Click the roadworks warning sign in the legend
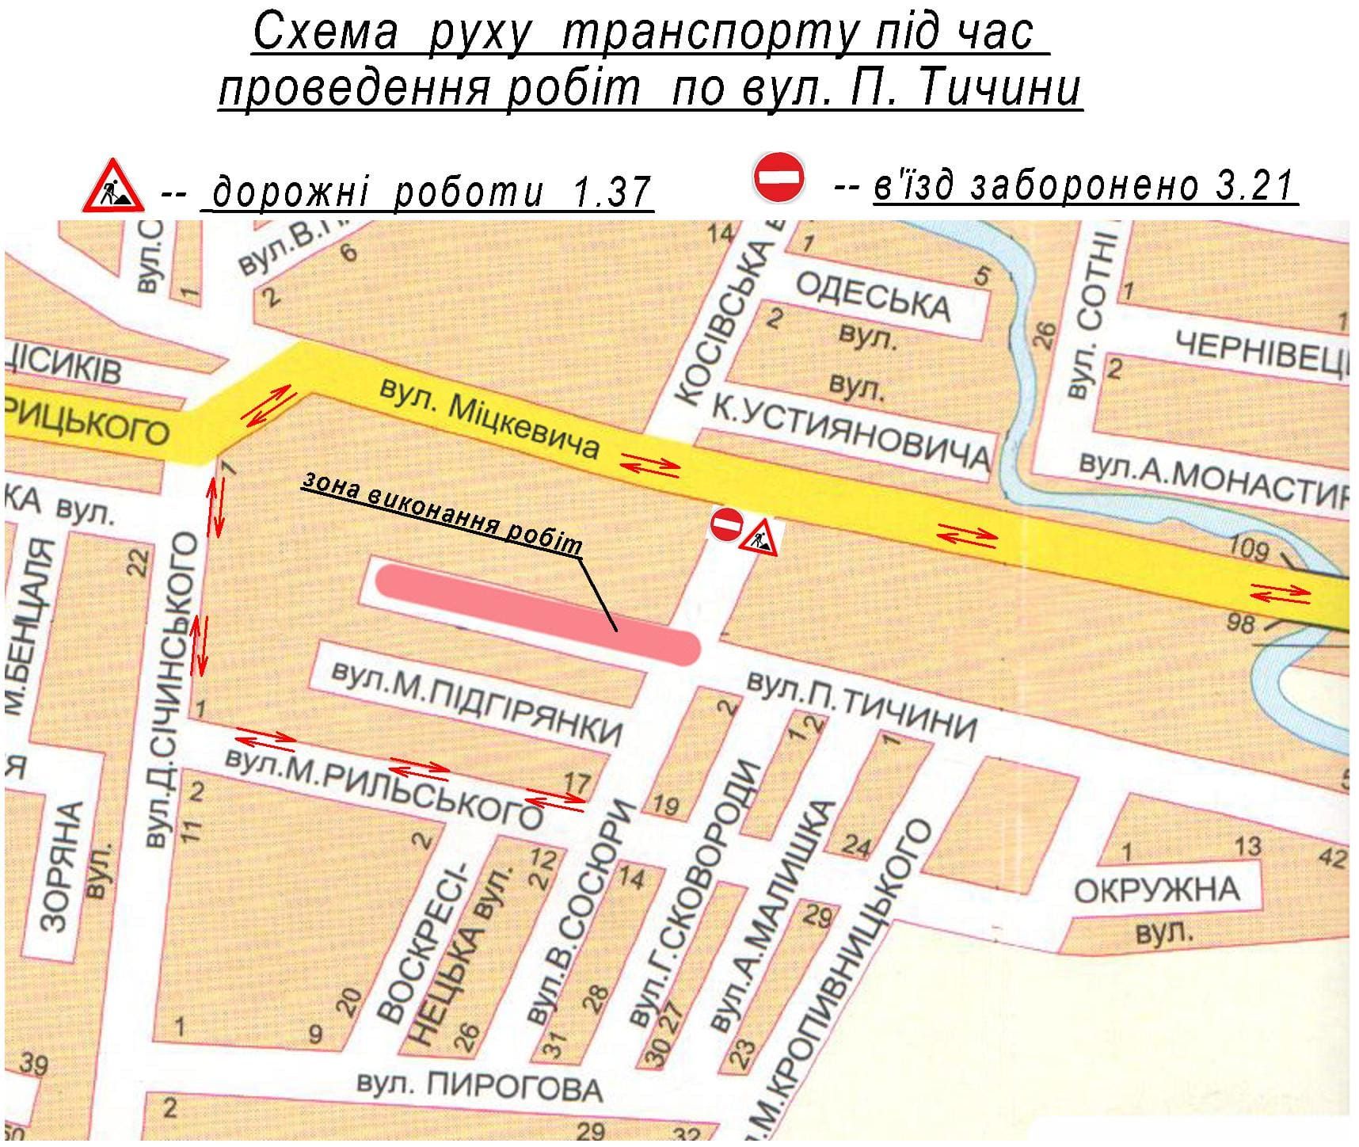click(113, 187)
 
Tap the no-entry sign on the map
click(725, 524)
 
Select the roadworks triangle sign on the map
click(759, 536)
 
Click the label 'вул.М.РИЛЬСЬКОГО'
click(383, 786)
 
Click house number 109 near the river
click(1249, 549)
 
